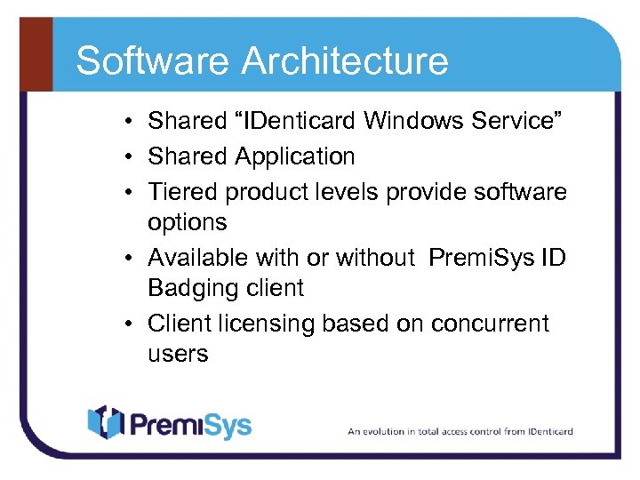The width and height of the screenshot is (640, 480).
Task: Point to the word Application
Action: click(x=294, y=157)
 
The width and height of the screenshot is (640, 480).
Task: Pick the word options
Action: click(x=188, y=222)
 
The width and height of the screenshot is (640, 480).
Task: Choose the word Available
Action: click(x=199, y=258)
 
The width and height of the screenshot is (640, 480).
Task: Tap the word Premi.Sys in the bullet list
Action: click(x=483, y=258)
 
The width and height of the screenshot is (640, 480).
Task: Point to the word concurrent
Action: click(x=490, y=323)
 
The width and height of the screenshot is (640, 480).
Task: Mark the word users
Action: click(x=178, y=354)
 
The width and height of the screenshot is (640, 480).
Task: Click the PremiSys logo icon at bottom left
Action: click(x=104, y=423)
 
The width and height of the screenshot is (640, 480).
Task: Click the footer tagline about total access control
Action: click(x=460, y=431)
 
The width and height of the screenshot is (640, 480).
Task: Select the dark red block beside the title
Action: click(x=36, y=54)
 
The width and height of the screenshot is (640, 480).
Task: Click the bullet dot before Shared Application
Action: click(x=130, y=157)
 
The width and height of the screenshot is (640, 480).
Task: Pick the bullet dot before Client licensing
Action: click(x=130, y=323)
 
